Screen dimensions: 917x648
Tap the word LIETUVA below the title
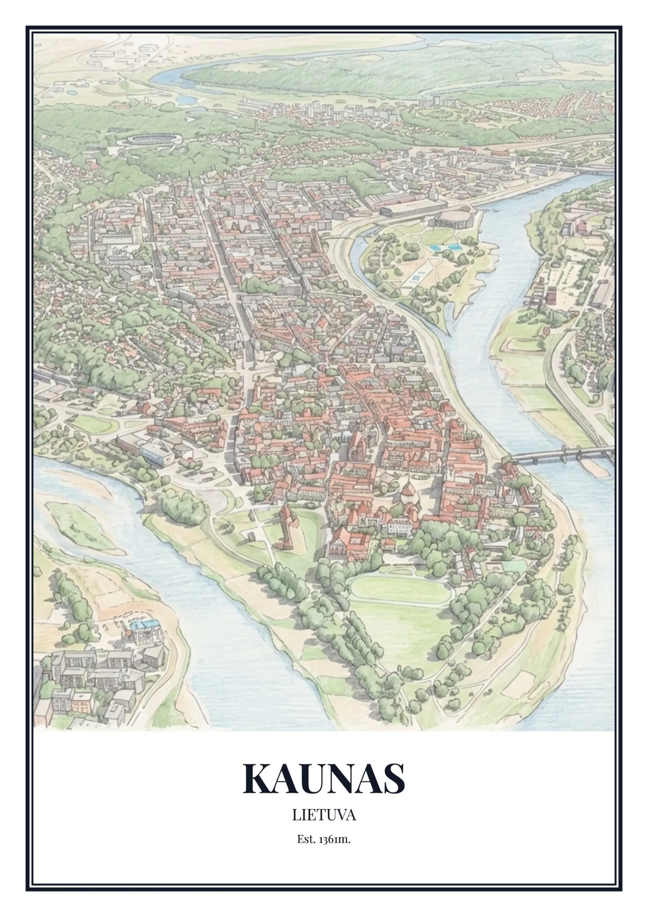tap(324, 815)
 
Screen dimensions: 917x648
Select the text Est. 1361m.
tap(324, 839)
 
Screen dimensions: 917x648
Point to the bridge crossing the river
tap(559, 454)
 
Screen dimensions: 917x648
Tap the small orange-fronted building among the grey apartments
tap(81, 701)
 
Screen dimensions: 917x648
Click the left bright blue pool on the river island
tap(436, 248)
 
